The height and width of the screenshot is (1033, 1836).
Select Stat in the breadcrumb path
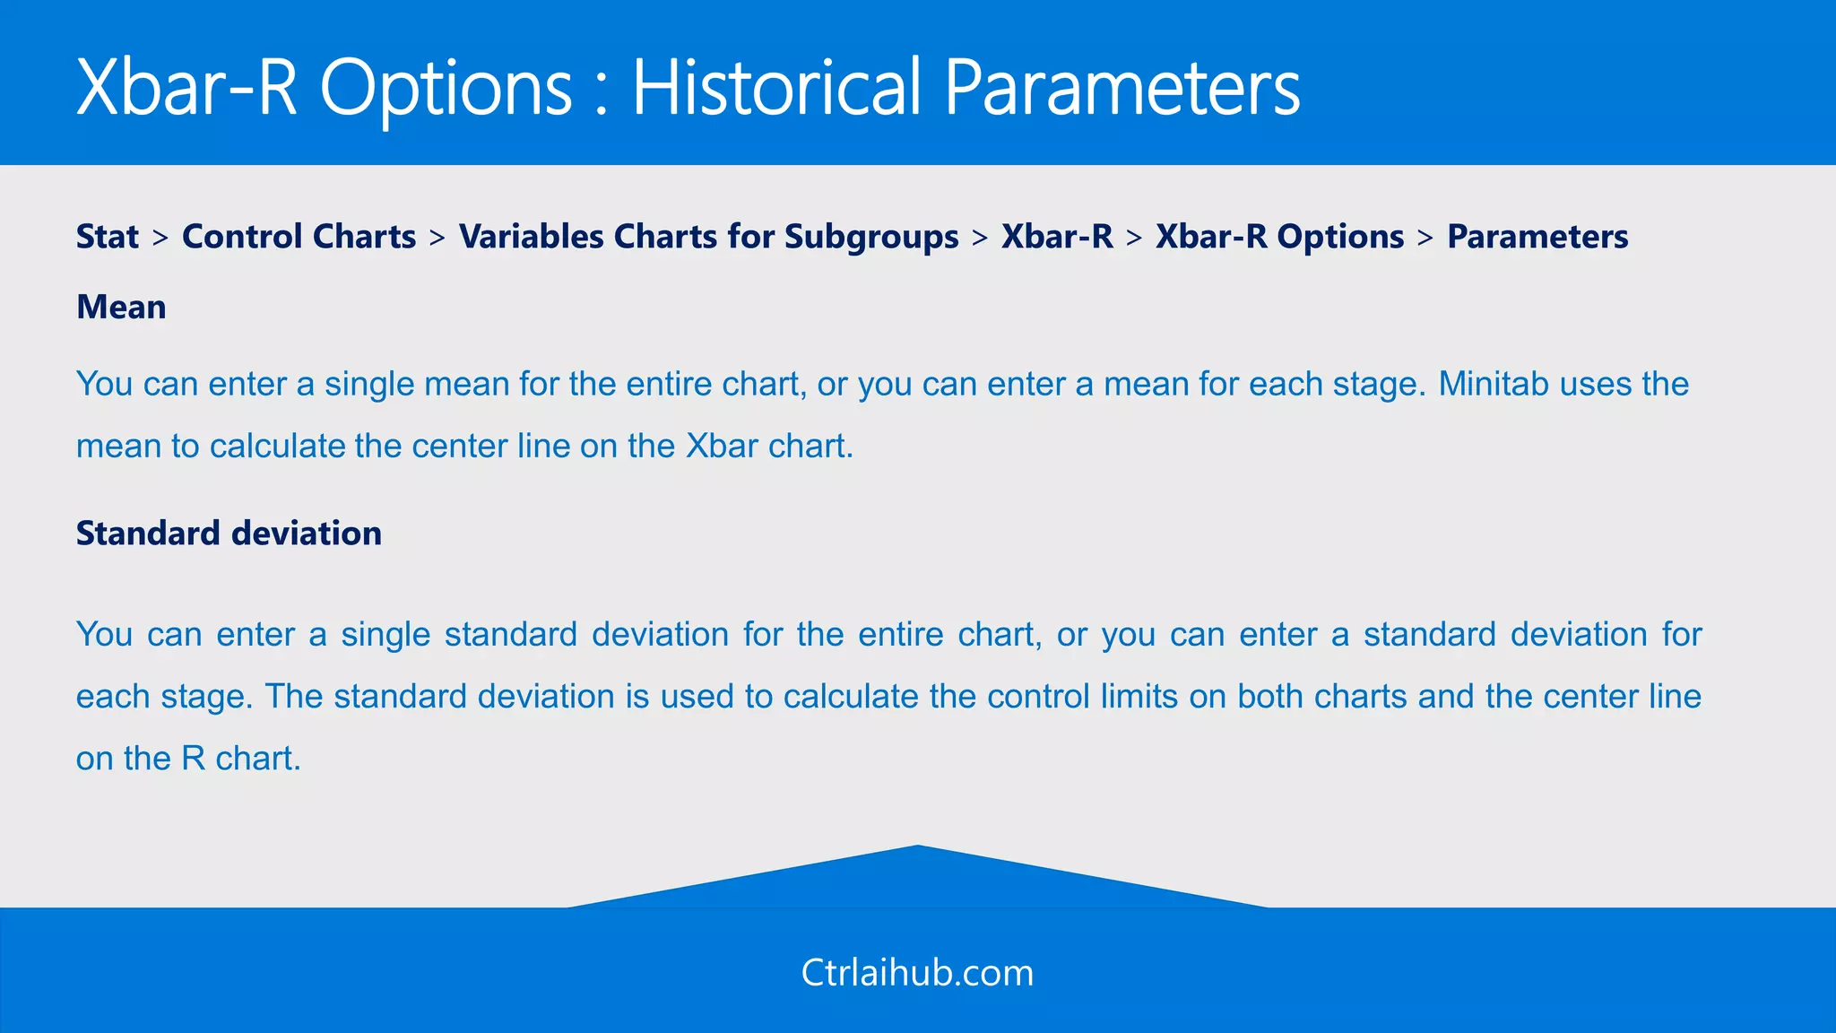[108, 237]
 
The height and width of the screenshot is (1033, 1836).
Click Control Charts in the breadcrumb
[299, 237]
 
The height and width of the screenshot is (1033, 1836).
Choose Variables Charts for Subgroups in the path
[708, 237]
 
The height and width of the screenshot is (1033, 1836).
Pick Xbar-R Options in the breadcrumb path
[1279, 237]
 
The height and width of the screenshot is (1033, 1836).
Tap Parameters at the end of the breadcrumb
[1537, 237]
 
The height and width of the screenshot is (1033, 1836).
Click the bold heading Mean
[121, 308]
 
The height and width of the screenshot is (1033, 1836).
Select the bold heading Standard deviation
[229, 534]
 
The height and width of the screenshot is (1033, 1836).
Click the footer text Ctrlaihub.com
[917, 973]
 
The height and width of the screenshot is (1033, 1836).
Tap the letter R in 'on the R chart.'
[193, 759]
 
